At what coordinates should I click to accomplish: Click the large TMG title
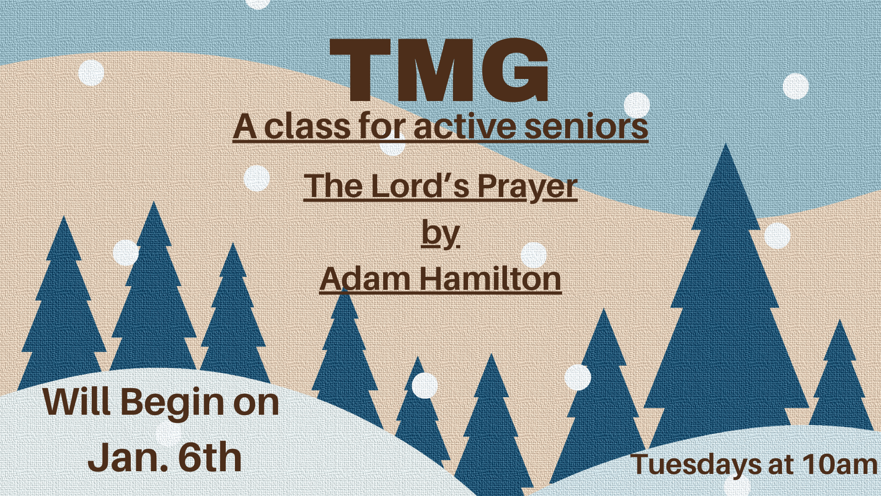(x=439, y=70)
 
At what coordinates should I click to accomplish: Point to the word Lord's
(x=420, y=186)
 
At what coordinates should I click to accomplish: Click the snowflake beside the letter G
(x=636, y=105)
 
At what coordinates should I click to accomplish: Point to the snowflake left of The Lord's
(x=256, y=178)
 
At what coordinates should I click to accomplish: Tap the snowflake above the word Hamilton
(x=534, y=255)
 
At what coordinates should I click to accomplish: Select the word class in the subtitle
(x=307, y=126)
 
